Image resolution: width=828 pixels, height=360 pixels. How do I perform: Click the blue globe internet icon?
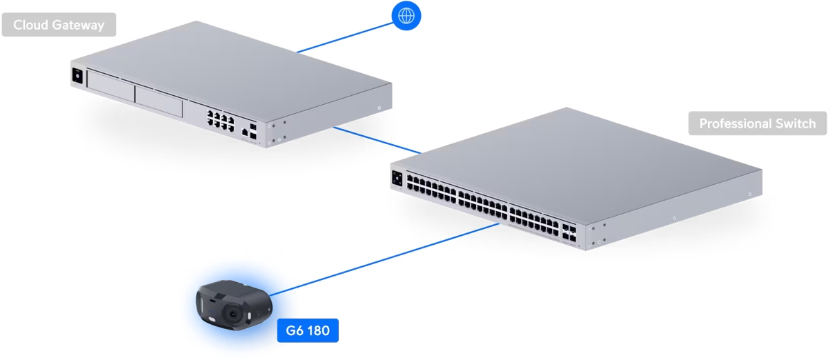click(406, 15)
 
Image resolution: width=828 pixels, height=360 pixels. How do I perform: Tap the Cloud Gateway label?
click(59, 26)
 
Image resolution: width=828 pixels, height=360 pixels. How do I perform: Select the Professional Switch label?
click(757, 124)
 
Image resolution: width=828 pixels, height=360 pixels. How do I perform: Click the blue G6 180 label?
click(308, 331)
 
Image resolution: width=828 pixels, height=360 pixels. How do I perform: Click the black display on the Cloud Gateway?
click(77, 77)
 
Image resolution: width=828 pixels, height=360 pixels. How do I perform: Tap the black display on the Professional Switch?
click(397, 177)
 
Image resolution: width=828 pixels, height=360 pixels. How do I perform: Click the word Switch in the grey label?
click(791, 124)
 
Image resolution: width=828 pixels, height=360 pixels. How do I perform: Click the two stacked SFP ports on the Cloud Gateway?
click(255, 132)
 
